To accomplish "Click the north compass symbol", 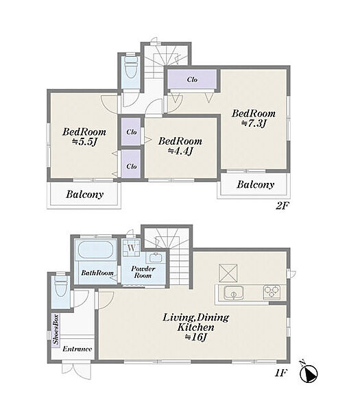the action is click(309, 372).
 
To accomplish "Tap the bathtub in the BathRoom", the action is click(96, 250).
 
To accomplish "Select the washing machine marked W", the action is click(132, 247).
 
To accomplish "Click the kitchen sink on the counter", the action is click(234, 292).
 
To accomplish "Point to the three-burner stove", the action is click(272, 292).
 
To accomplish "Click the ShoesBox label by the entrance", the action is click(56, 329).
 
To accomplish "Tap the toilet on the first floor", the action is click(61, 286).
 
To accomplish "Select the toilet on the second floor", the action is click(131, 67).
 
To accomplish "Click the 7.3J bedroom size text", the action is click(254, 123).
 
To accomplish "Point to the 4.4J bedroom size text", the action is click(180, 151).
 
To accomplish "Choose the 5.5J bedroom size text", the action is click(84, 142).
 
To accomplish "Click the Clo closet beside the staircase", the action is click(192, 79).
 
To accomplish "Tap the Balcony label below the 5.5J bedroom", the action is click(84, 195).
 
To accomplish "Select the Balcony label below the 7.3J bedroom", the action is click(255, 184).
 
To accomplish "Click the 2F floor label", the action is click(282, 206).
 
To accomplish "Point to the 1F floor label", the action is click(281, 373).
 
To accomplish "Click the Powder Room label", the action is click(143, 272).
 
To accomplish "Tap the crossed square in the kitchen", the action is click(228, 273).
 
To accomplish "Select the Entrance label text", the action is click(77, 349).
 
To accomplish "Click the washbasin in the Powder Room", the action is click(156, 258).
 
